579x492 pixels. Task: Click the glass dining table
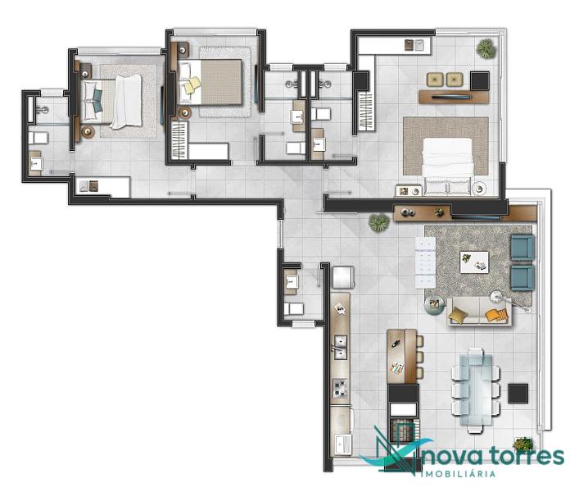476,390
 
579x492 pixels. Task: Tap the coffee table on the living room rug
474,262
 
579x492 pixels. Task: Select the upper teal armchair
522,248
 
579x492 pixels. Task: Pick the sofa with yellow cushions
479,312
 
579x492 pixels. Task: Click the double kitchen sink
339,348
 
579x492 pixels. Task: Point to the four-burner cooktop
340,388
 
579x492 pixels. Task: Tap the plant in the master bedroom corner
486,48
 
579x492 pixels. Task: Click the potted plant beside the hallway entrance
378,223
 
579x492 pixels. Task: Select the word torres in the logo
527,456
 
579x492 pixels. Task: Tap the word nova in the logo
454,457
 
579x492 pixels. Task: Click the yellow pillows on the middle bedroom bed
192,84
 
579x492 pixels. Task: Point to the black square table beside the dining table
518,394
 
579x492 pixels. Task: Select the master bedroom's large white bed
448,166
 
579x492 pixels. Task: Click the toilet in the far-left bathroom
38,139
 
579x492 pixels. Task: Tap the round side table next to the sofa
434,304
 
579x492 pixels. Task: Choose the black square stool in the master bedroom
480,81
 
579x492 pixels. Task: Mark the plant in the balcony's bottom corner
522,443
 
